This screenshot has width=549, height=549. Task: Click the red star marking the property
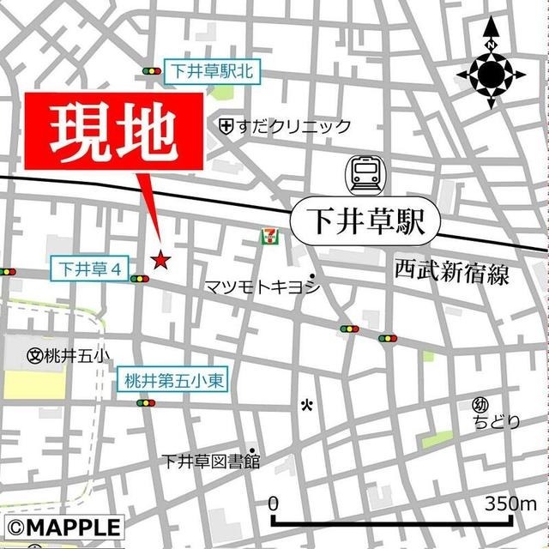(160, 259)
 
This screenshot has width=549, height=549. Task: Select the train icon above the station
(365, 174)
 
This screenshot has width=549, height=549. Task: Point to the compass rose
(491, 75)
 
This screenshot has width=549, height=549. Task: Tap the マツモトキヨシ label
(261, 287)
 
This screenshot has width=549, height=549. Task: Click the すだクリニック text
(293, 127)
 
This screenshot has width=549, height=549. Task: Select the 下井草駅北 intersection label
(202, 72)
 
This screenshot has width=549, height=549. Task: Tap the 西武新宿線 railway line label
(452, 274)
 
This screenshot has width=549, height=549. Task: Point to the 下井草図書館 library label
(209, 461)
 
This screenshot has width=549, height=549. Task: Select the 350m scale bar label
(510, 504)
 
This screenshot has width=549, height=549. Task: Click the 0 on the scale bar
(274, 504)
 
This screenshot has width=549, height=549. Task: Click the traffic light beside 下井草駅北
(153, 72)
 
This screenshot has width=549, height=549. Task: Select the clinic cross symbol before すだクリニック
(226, 127)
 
